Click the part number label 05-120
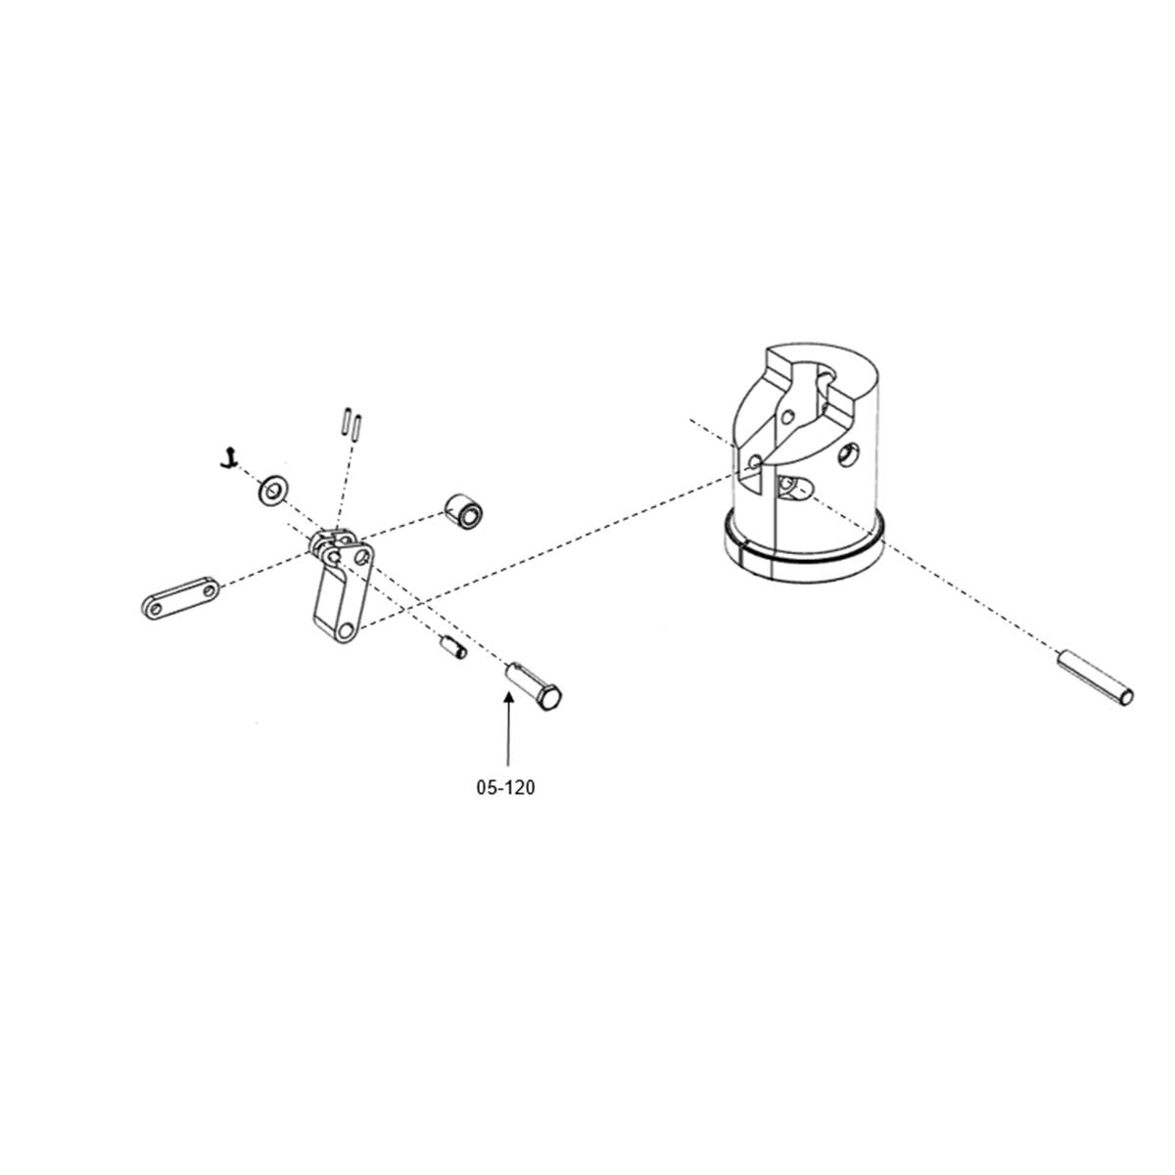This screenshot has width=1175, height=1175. tap(505, 788)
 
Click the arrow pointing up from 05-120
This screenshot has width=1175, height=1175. tap(508, 728)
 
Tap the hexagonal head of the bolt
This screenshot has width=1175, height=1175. tap(549, 697)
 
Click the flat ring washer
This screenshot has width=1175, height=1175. tap(274, 489)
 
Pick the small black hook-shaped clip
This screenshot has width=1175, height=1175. tap(229, 458)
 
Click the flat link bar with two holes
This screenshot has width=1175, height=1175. tap(181, 599)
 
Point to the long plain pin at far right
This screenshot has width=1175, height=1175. tap(1095, 678)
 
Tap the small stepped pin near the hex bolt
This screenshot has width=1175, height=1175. tap(453, 646)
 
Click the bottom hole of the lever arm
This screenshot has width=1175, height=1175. tap(346, 632)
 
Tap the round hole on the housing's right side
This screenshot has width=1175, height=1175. tap(848, 454)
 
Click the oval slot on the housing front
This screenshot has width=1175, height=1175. tap(794, 488)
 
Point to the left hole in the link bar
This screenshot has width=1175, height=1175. tap(156, 607)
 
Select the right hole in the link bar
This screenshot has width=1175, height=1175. tap(209, 589)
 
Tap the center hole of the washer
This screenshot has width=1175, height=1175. tap(274, 489)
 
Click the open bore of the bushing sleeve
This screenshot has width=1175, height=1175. tap(470, 517)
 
